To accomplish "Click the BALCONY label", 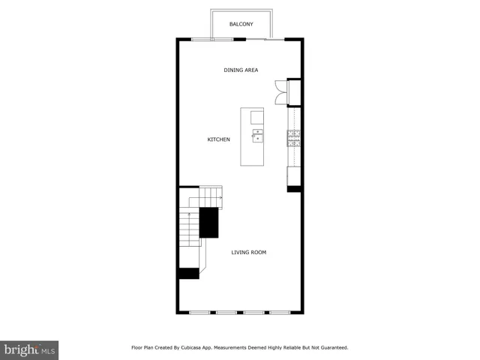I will pos(241,24).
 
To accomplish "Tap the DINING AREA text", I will pos(241,70).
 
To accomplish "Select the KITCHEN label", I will pos(218,139).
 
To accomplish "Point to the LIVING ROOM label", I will pos(248,252).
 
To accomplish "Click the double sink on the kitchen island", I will pos(257,136).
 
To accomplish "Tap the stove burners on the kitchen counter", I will pos(294,136).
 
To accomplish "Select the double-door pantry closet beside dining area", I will pos(282,91).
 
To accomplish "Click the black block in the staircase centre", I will pos(208,223).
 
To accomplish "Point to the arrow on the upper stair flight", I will pos(219,196).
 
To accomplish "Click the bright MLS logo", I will pos(30,349).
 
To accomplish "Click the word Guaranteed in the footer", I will pos(331,347).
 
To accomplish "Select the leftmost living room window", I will pos(199,312).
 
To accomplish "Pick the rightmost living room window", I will pos(280,312).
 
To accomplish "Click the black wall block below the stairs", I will pos(188,274).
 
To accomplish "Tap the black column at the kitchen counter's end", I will pos(295,188).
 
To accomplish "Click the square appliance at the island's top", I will pos(257,116).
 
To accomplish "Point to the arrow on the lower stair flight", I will pos(189,217).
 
